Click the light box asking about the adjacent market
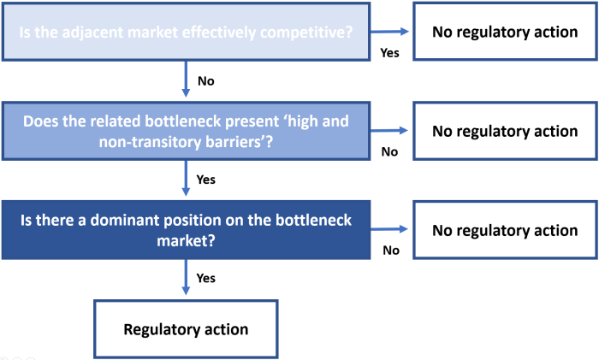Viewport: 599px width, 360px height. tap(186, 32)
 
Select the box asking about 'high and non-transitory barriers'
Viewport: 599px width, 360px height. tap(186, 131)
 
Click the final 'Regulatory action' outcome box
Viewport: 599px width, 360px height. tap(186, 329)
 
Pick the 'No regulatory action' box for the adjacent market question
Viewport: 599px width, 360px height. tap(505, 32)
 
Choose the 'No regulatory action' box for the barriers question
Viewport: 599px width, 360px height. tap(505, 131)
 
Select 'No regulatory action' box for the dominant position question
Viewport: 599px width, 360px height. tap(505, 231)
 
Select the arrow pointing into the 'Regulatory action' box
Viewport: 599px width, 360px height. tap(186, 279)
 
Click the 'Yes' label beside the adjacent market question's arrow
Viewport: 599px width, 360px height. tap(389, 52)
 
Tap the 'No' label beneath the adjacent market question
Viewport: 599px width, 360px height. tap(205, 82)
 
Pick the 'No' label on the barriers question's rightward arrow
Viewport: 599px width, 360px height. tap(389, 151)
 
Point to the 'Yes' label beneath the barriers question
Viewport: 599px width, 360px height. tap(206, 180)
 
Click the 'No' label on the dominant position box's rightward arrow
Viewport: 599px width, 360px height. tap(390, 251)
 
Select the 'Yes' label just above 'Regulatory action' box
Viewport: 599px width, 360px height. tap(206, 279)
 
